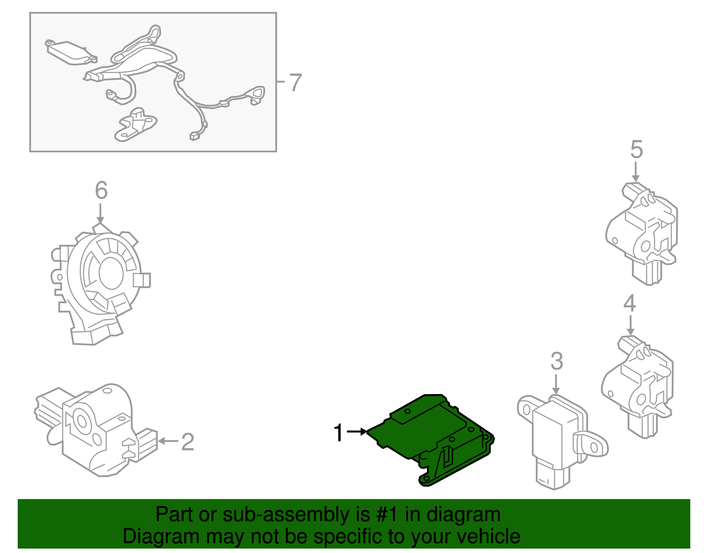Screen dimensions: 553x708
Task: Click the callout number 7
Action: [x=295, y=82]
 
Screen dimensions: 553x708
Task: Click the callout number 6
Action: [x=101, y=190]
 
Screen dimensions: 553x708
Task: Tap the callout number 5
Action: [x=636, y=150]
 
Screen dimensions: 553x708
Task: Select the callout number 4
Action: [x=630, y=304]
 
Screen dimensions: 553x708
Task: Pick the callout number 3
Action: [x=557, y=361]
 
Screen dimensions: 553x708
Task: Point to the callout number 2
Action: [x=188, y=442]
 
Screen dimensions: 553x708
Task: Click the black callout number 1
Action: [x=339, y=433]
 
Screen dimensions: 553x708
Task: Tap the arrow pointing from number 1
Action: [x=357, y=431]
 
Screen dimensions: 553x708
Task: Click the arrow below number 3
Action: [x=556, y=384]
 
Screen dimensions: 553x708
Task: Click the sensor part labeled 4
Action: [x=637, y=385]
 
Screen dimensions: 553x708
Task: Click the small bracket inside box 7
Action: [x=135, y=125]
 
